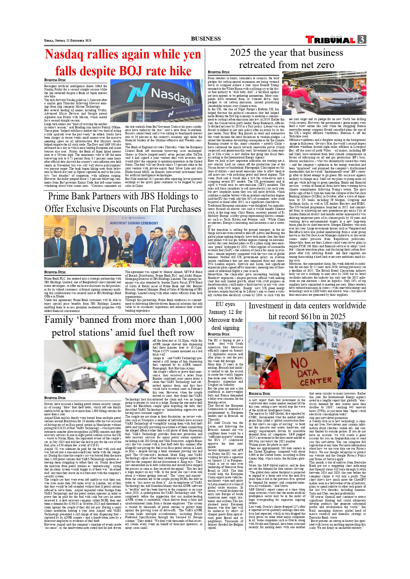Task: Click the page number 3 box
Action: coord(362,40)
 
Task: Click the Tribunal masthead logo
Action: coord(330,40)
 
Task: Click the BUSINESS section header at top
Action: coord(205,39)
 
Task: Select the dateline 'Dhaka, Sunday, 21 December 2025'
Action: coord(68,41)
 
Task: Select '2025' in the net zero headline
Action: coord(241,53)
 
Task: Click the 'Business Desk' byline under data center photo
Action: coord(259,393)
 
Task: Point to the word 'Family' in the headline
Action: coord(59,320)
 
